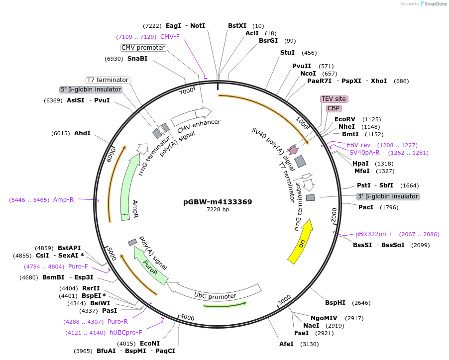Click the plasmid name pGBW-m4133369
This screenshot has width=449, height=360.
[x=218, y=202]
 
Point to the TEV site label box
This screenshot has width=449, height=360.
[x=334, y=99]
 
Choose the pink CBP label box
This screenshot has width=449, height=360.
[x=334, y=108]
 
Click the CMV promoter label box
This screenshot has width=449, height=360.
[x=143, y=48]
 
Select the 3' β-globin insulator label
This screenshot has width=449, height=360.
[x=388, y=196]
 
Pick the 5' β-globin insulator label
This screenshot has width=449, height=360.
[x=91, y=90]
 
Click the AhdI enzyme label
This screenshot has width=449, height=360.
[x=82, y=133]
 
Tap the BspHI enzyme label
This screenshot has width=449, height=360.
[x=335, y=302]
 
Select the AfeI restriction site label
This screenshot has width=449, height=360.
[x=286, y=344]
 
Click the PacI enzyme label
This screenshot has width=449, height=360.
[x=366, y=207]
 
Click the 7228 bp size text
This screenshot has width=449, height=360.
[x=218, y=210]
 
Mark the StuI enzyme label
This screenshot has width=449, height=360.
[x=287, y=52]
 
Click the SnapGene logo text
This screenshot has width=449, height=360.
[x=434, y=4]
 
